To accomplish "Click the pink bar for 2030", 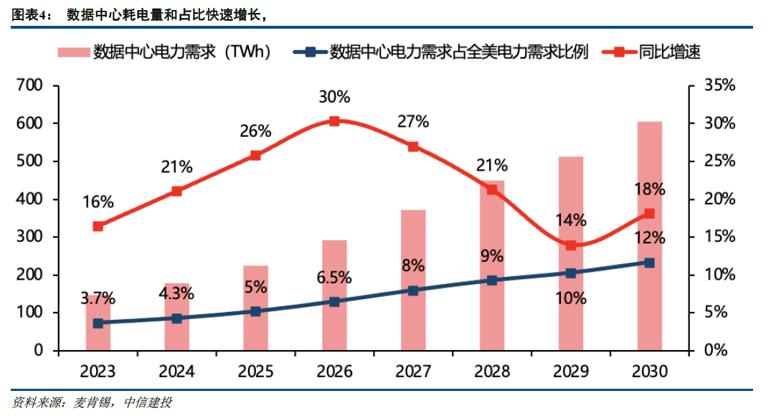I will (650, 237).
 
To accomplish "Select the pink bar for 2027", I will (413, 280).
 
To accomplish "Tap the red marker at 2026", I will (334, 121).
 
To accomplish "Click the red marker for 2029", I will (571, 245).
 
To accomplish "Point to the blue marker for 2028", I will (492, 280).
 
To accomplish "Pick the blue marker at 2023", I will (98, 323).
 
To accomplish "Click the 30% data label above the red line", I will (334, 97).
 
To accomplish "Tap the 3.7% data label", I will (98, 298).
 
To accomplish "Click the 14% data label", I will (571, 220).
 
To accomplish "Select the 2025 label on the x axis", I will (255, 372).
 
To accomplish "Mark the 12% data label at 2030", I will (650, 238).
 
